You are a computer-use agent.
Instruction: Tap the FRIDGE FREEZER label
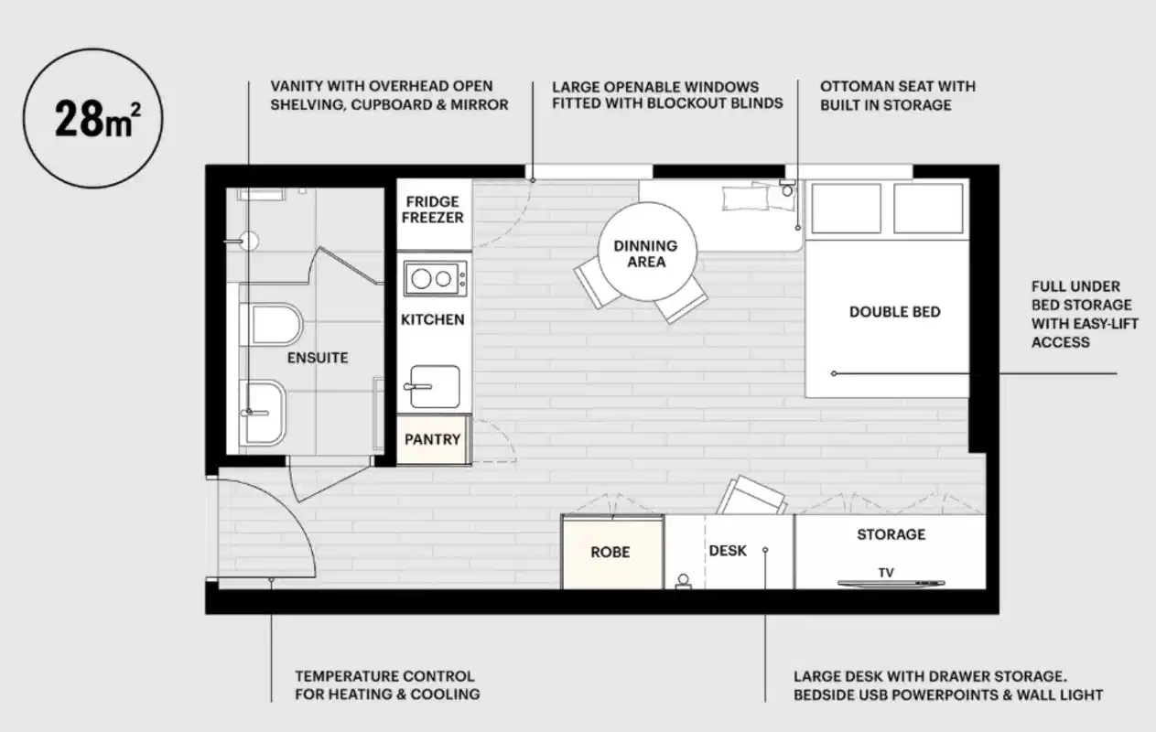pos(433,210)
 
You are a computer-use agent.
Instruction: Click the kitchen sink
pos(435,386)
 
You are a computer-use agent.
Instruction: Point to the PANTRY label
pos(433,439)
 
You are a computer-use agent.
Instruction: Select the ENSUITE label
pos(318,358)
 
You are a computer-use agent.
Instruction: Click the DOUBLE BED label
pos(894,312)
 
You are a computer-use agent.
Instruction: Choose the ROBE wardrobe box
pos(610,553)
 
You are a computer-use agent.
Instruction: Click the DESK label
pos(728,551)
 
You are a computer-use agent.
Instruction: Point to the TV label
pos(886,573)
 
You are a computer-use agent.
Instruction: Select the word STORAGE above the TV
pos(891,534)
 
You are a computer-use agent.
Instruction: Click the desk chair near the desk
pos(752,498)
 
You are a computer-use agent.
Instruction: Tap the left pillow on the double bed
pos(842,209)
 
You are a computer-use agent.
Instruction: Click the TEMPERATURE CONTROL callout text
pos(385,685)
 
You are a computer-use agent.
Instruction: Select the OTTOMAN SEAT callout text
pos(897,95)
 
